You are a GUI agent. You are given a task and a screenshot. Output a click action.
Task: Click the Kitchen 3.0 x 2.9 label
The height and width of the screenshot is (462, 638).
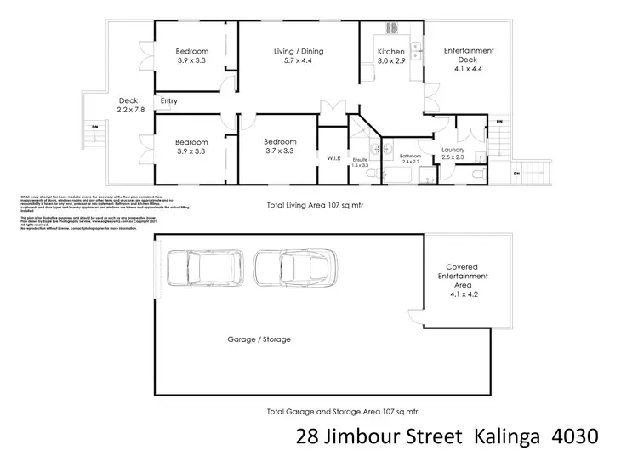coord(390,57)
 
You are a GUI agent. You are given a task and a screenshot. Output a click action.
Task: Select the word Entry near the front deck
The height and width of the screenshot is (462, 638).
coord(169,102)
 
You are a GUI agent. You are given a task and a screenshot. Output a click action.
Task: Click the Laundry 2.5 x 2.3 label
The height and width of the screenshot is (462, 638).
coord(453,154)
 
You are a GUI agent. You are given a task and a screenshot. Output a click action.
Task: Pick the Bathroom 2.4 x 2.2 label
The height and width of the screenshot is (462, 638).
coord(411,159)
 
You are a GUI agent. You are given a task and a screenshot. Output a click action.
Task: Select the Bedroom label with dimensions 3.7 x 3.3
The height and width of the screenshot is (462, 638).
coord(279,146)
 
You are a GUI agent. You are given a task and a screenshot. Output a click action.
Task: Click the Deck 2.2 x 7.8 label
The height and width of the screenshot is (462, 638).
coord(129,107)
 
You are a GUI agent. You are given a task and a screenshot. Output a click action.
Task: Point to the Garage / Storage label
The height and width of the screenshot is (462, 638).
coord(259,339)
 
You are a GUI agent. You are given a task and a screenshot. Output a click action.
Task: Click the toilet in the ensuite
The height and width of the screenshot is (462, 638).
coord(373,174)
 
